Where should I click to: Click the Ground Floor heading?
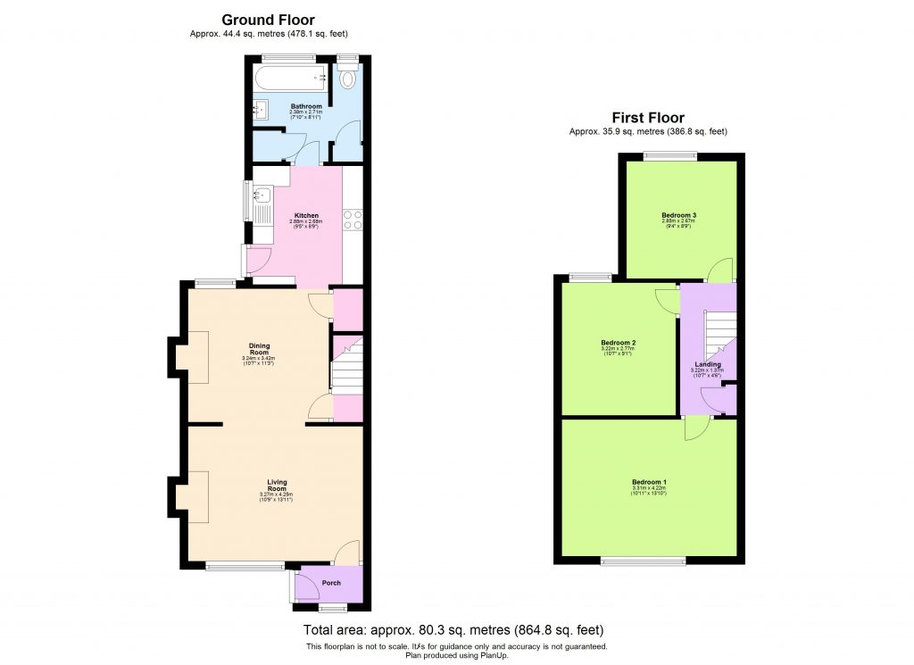[x=268, y=20]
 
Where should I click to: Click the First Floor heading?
[x=648, y=118]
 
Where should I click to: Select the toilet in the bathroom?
[x=348, y=79]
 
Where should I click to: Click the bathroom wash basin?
[x=262, y=111]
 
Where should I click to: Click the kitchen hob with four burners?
[x=351, y=220]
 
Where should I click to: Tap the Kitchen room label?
[x=307, y=216]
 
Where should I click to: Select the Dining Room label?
[x=259, y=349]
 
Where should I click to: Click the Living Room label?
[x=277, y=486]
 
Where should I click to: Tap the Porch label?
[x=331, y=583]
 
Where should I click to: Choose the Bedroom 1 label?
[x=649, y=482]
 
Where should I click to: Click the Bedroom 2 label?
[x=618, y=343]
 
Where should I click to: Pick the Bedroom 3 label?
[x=678, y=215]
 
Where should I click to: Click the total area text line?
[x=454, y=629]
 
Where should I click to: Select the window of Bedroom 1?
[x=643, y=561]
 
